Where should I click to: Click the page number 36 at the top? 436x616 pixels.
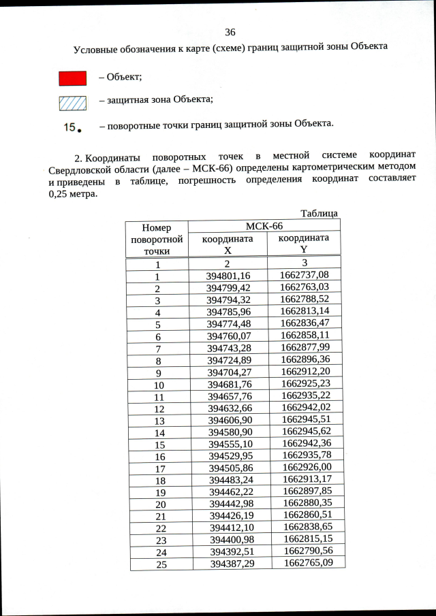(x=230, y=32)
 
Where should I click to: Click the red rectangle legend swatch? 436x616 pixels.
(x=73, y=78)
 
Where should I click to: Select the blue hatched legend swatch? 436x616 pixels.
(x=73, y=102)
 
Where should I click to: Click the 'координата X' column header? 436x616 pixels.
(x=228, y=244)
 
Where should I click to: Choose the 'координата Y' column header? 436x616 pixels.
(x=304, y=243)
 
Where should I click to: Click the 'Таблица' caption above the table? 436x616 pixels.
(x=319, y=214)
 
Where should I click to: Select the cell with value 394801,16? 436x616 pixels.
(x=228, y=276)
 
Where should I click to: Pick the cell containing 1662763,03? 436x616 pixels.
(x=304, y=287)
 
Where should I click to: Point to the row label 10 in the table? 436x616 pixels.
(x=159, y=385)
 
